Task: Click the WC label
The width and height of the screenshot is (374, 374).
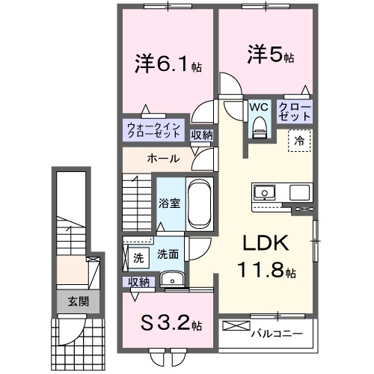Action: click(259, 107)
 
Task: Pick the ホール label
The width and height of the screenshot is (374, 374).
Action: click(162, 159)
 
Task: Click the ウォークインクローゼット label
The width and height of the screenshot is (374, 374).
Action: click(153, 130)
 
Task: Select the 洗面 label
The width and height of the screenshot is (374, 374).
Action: click(168, 254)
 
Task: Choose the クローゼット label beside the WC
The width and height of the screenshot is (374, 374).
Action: click(295, 111)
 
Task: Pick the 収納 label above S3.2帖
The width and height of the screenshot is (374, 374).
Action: click(138, 281)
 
